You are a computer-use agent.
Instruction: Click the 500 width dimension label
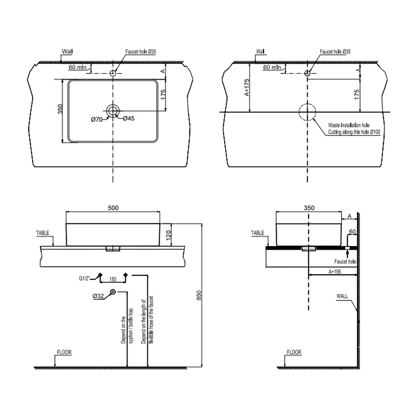coord(113,208)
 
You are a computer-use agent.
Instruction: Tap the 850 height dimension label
coord(199,295)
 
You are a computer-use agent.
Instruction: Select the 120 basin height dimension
coord(169,235)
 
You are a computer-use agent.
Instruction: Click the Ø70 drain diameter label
coord(96,120)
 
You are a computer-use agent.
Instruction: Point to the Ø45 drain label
coord(128,118)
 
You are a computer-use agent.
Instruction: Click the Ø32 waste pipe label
coord(98,296)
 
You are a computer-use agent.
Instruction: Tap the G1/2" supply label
coord(84,278)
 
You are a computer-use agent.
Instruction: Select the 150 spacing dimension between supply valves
coord(113,279)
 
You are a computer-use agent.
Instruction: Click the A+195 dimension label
coord(335,272)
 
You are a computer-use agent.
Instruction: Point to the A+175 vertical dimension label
coord(247,88)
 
